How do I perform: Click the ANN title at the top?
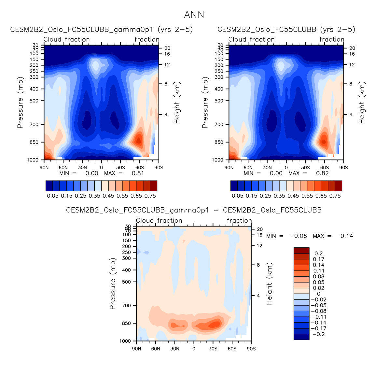194,15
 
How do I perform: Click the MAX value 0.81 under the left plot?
138,173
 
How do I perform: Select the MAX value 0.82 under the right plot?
322,173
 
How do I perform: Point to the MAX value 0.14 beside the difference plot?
347,236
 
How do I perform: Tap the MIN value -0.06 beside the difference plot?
298,236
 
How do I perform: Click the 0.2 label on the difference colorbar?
319,254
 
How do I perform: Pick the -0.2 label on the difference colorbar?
319,334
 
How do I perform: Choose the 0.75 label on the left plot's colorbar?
150,196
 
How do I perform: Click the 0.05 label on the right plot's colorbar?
238,196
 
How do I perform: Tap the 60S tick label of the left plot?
140,168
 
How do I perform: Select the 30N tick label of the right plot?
267,168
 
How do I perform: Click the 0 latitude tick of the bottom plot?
194,349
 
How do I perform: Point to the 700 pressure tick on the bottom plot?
127,306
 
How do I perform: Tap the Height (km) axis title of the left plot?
177,103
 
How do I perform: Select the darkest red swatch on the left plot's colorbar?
153,186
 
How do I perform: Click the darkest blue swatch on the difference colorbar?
301,337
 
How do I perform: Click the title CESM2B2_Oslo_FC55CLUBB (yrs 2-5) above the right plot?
286,29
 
